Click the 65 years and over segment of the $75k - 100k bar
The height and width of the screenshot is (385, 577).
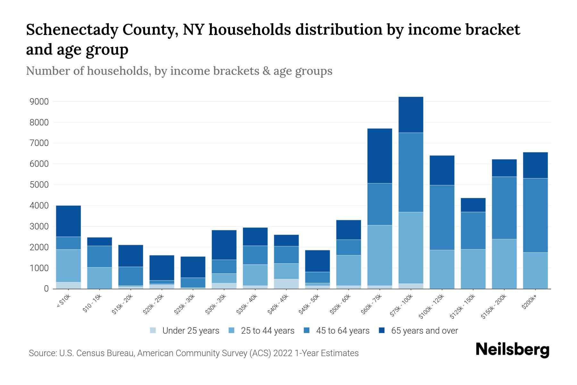coord(411,115)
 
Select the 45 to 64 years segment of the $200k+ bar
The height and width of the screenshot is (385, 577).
coord(535,215)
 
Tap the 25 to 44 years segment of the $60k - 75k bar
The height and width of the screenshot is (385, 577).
coord(380,255)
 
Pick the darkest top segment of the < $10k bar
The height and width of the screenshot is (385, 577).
coord(68,221)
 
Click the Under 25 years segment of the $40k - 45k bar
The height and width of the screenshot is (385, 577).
coord(286,284)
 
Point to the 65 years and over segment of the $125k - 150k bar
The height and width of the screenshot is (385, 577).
coord(473,205)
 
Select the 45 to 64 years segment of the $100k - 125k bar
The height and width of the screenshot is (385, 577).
coord(442,217)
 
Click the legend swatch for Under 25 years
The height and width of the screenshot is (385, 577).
coord(153,330)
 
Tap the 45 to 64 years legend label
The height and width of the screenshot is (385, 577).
coord(342,330)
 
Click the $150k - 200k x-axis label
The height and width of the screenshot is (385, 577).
coord(494,307)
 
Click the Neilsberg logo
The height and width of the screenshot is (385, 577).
coord(512,349)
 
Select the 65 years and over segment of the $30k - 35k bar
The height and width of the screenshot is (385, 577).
coord(224,244)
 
